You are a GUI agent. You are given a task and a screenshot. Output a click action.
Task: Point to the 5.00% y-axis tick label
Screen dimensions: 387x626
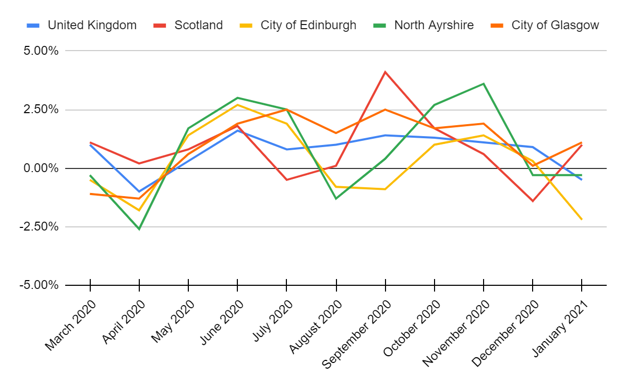(39, 51)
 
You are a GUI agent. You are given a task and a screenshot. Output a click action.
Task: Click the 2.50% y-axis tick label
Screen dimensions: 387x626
(39, 110)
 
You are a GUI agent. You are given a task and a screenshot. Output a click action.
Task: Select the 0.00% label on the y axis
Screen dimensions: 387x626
(39, 168)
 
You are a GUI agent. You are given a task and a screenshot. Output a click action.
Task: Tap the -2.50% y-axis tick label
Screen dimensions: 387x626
(38, 227)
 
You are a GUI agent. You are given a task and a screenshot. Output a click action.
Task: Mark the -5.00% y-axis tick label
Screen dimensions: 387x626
(38, 286)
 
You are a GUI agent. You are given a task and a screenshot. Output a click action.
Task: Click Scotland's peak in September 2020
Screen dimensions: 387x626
(385, 72)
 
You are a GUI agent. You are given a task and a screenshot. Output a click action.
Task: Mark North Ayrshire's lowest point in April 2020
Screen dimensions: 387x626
(139, 229)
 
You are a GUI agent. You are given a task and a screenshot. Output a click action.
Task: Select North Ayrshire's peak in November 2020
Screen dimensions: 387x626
(484, 83)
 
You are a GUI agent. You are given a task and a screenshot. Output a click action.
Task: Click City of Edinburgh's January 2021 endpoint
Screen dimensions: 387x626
(582, 220)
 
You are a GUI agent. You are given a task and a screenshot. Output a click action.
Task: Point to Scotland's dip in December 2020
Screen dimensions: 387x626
(533, 201)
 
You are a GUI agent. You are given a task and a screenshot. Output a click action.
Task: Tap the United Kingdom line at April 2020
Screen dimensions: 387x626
(139, 191)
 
